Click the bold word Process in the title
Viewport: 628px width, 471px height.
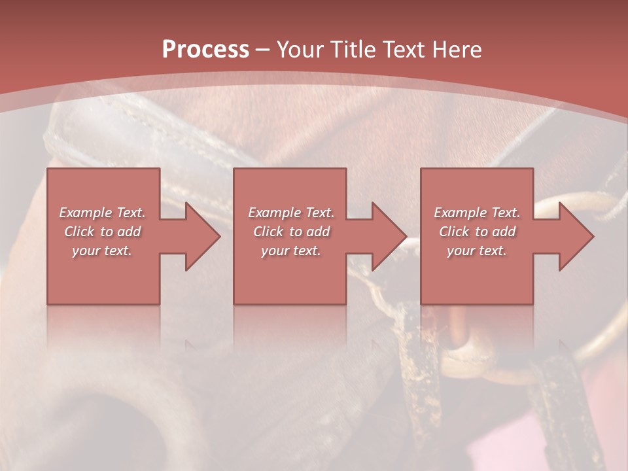click(205, 49)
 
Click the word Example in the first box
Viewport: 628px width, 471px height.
click(85, 213)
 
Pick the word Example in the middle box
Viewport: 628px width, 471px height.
click(274, 213)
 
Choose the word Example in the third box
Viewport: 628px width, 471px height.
click(460, 213)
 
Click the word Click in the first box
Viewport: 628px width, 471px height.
click(78, 232)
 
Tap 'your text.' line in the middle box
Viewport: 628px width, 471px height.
click(290, 251)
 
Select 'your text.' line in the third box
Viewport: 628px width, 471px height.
click(476, 251)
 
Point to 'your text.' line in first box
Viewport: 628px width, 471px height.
click(101, 251)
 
